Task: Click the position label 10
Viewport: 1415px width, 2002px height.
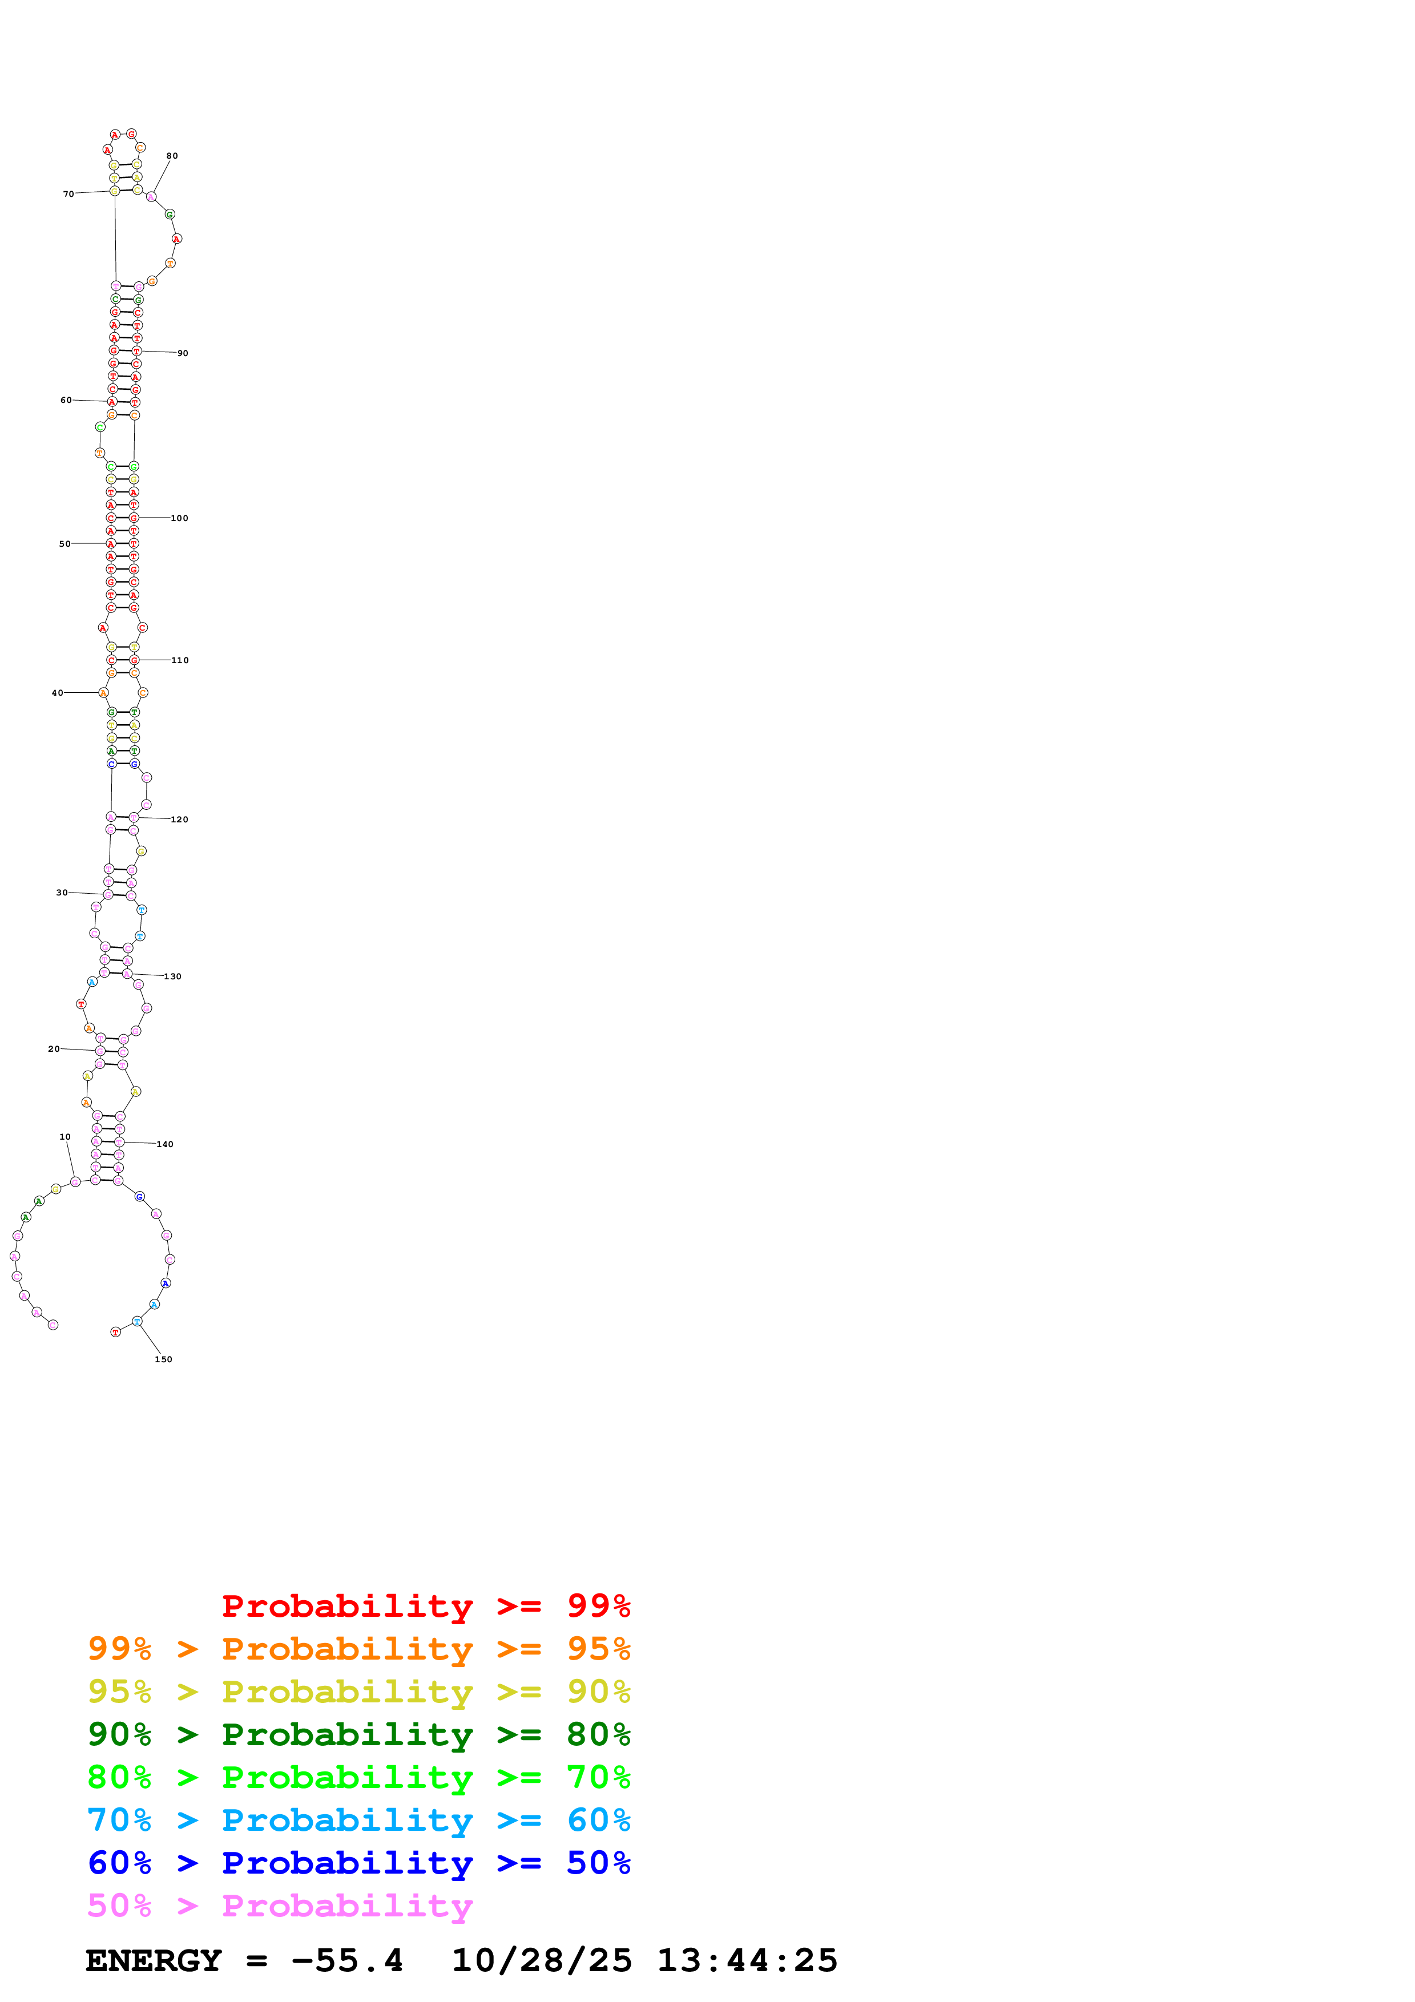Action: tap(64, 1137)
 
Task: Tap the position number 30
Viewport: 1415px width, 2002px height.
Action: tap(62, 893)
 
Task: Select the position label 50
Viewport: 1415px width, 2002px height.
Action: tap(64, 544)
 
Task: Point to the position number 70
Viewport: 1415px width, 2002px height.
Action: tap(68, 195)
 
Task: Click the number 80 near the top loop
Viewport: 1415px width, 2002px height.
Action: tap(172, 156)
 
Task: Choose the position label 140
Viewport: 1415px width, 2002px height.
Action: tap(165, 1145)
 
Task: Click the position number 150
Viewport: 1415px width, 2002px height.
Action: tap(163, 1359)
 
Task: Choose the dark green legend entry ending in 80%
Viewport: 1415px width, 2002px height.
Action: tap(358, 1734)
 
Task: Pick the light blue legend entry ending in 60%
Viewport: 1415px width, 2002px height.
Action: tap(358, 1820)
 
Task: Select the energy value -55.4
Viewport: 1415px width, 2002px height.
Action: tap(347, 1960)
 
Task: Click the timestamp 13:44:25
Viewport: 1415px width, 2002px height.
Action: tap(746, 1960)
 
